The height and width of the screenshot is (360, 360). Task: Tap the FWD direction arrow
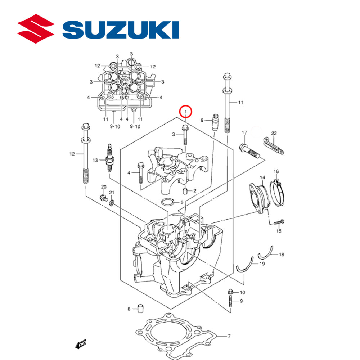(x=81, y=345)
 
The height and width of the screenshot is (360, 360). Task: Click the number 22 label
(x=274, y=133)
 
